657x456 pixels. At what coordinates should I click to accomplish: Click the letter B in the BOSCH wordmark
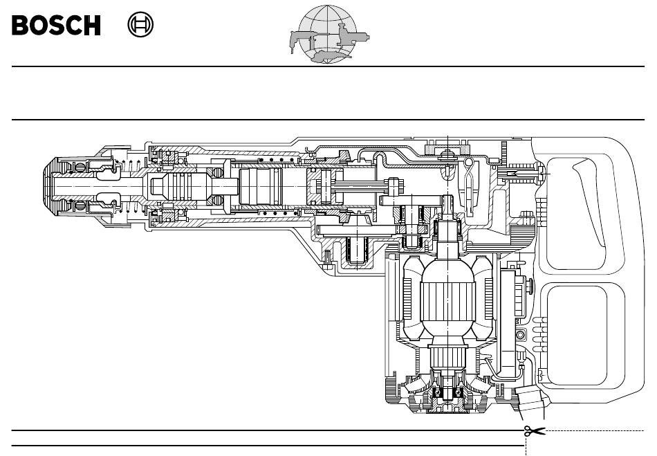pos(20,25)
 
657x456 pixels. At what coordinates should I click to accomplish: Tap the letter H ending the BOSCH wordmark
pos(92,25)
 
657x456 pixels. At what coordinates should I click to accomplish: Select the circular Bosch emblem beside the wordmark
pos(140,24)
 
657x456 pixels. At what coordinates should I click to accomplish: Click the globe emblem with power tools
pos(329,35)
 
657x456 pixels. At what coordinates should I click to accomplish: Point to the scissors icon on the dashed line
pos(534,430)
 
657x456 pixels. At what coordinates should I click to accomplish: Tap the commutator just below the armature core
pos(447,356)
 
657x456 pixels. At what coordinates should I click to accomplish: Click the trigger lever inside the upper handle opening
pos(589,201)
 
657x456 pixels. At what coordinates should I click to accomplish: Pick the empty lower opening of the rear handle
pos(577,336)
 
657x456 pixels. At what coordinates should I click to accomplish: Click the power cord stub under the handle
pos(530,399)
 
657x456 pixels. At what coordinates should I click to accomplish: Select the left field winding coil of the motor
pos(411,298)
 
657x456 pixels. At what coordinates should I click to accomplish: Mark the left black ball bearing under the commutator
pos(436,392)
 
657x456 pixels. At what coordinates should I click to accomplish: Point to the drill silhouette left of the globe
pos(302,40)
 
